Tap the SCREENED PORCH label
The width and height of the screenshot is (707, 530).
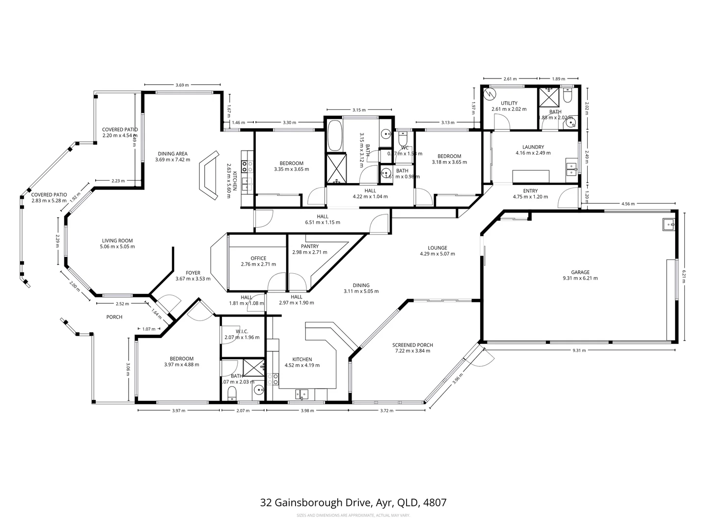coord(412,345)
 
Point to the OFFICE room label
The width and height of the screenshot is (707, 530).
coord(258,258)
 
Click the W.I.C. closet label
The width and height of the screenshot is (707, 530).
coord(241,331)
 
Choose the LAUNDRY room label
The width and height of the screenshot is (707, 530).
coord(533,147)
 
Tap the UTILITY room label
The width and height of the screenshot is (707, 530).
coord(509,103)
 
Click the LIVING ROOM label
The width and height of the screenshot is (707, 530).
coord(117,240)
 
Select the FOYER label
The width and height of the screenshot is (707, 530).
coord(192,273)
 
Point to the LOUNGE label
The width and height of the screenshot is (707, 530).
coord(437,248)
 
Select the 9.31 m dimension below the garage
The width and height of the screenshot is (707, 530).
coord(579,350)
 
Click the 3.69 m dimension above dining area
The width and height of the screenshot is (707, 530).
coord(182,85)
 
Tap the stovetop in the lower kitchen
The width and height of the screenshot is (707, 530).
coord(272,379)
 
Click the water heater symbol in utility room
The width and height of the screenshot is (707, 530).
coord(489,93)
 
